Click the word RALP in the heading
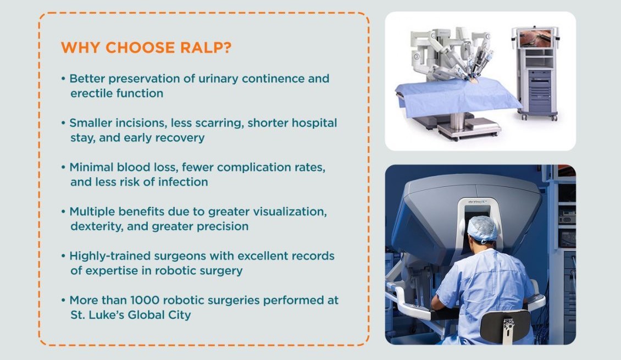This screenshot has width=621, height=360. pyautogui.click(x=202, y=47)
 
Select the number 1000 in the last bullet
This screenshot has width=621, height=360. pyautogui.click(x=145, y=300)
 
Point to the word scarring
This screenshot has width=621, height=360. pyautogui.click(x=216, y=123)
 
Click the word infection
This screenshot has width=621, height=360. pyautogui.click(x=183, y=182)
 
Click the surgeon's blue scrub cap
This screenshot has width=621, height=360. pyautogui.click(x=483, y=229)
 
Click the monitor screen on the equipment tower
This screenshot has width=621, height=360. pyautogui.click(x=535, y=38)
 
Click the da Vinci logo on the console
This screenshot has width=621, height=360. pyautogui.click(x=478, y=202)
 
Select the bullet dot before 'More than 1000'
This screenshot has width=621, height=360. pyautogui.click(x=63, y=300)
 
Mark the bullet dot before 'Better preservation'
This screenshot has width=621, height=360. pyautogui.click(x=63, y=79)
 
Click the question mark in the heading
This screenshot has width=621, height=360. pyautogui.click(x=228, y=47)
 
